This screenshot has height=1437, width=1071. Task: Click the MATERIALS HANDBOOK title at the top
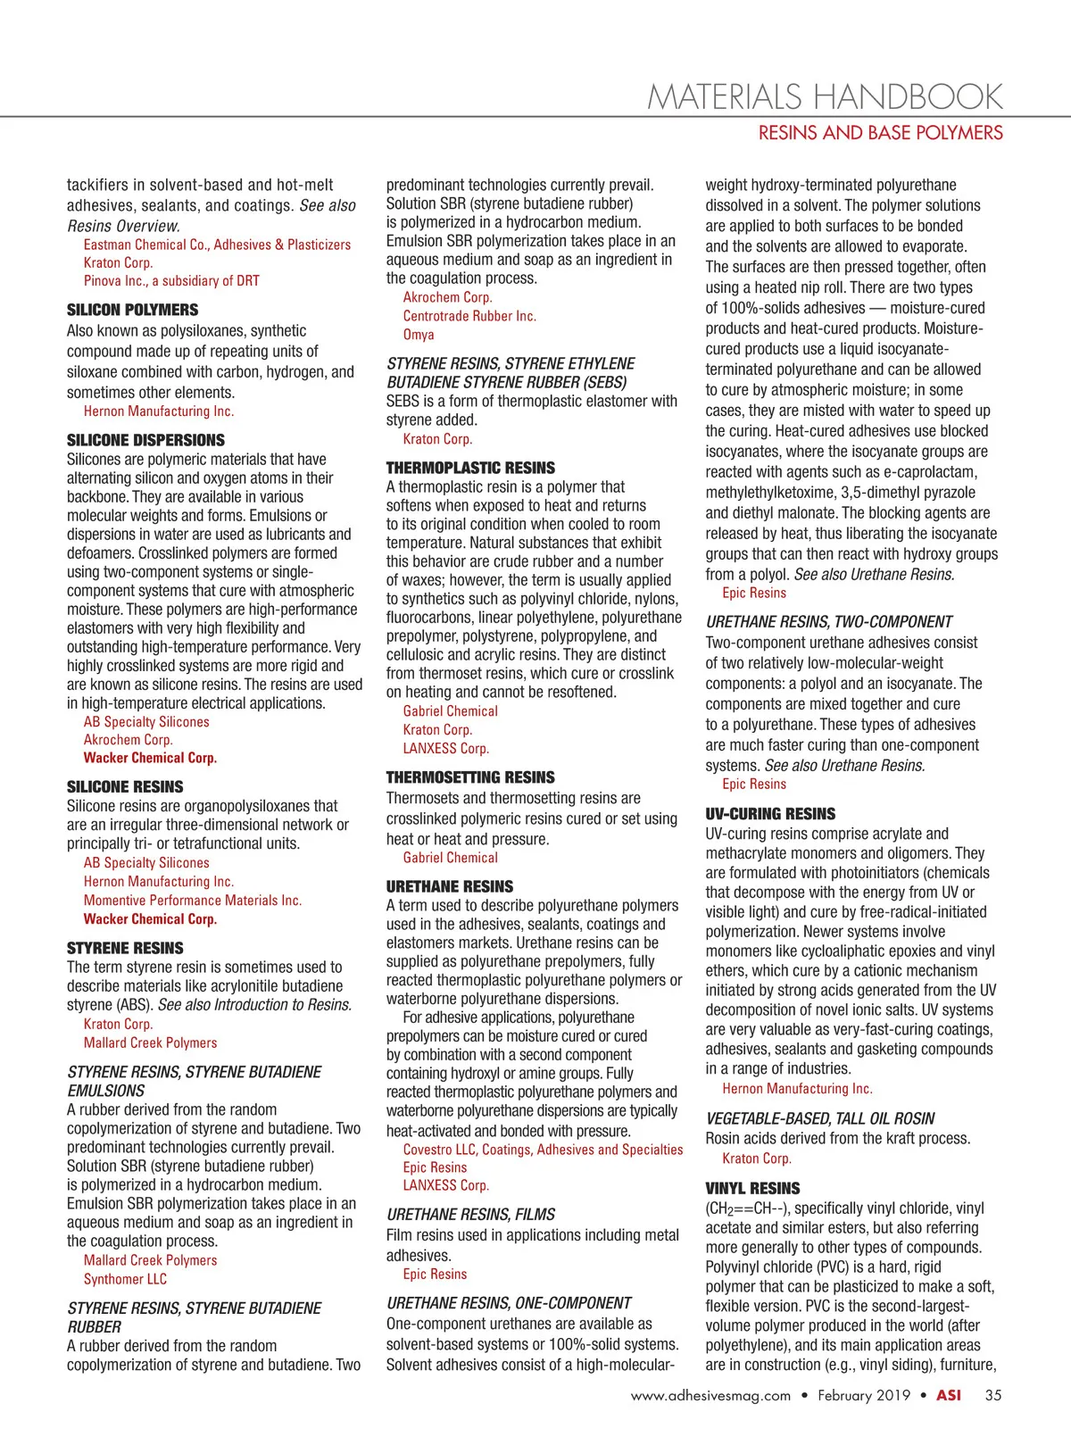825,96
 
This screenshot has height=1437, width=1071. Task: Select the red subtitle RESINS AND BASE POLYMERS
880,133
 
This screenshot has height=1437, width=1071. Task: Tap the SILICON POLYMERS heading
133,310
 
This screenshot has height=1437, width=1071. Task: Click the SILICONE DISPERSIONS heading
145,440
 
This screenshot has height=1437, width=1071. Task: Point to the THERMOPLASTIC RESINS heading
470,468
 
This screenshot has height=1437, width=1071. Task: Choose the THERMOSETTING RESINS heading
470,777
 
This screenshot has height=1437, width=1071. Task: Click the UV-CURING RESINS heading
770,814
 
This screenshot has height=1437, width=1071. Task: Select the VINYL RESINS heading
752,1188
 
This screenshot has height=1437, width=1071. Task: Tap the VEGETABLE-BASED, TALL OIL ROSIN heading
820,1118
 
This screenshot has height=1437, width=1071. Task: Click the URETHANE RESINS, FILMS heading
470,1214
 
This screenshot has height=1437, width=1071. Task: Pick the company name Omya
419,335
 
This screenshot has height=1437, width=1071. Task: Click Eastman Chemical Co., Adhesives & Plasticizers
217,245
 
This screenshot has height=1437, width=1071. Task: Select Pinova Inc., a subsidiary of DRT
171,280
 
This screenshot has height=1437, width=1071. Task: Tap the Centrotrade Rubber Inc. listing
469,316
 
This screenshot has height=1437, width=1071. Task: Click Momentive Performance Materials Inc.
193,901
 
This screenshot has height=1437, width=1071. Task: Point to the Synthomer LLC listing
125,1279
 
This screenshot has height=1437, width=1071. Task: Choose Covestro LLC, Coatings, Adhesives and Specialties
543,1150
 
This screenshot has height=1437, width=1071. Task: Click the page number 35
993,1395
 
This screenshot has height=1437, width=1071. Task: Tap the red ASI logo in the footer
949,1395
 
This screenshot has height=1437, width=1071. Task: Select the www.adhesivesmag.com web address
710,1395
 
